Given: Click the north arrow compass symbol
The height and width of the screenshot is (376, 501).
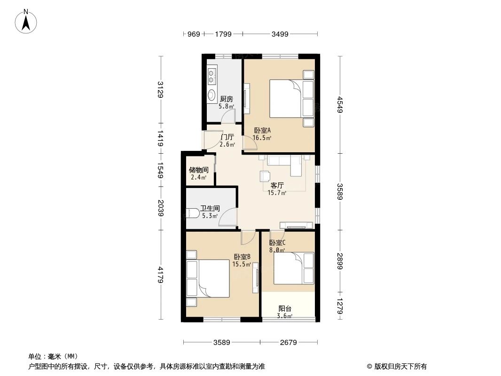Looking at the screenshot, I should click(27, 21).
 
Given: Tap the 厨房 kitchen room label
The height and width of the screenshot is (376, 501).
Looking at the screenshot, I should click(227, 99).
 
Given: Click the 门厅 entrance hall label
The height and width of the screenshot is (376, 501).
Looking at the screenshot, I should click(227, 137).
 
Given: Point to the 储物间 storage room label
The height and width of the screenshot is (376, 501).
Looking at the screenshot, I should click(198, 170).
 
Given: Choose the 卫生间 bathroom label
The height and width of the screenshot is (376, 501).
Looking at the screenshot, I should click(210, 209).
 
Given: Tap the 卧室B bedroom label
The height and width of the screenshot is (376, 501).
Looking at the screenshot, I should click(242, 257).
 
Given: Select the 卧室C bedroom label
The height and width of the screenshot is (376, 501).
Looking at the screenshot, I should click(277, 243).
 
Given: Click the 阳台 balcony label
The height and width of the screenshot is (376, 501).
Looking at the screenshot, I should click(285, 309).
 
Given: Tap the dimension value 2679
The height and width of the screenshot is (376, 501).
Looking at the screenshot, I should click(288, 343).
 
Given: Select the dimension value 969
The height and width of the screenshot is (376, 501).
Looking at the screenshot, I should click(194, 34).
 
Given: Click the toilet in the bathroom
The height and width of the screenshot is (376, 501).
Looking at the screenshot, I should click(194, 214).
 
